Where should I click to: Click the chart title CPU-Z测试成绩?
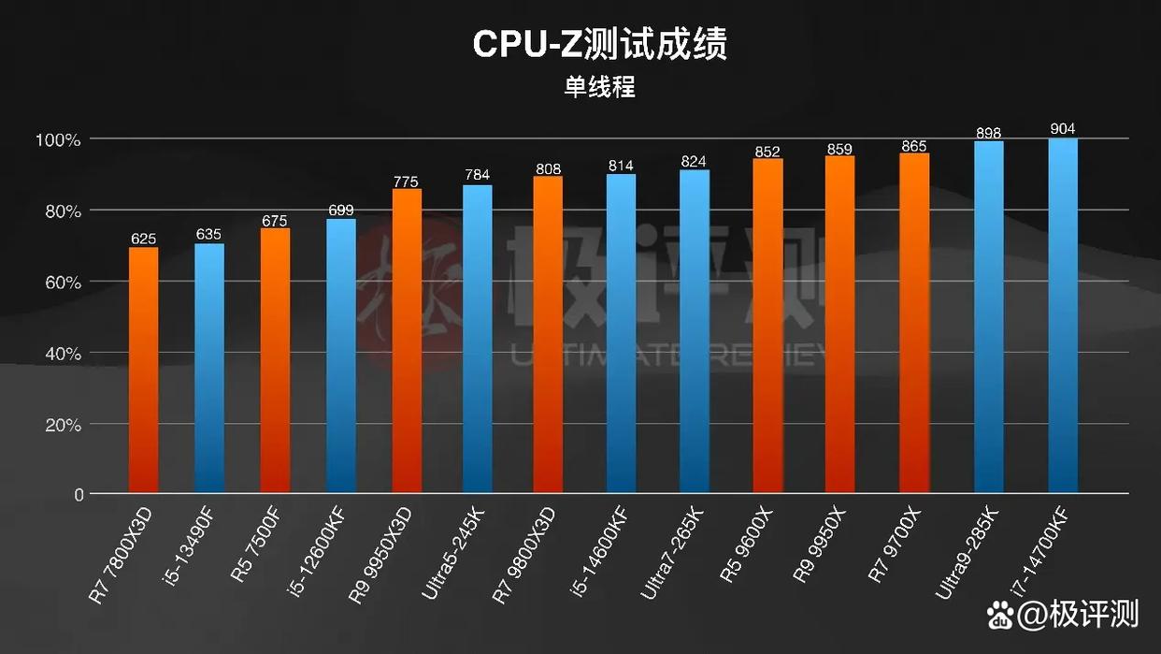coord(599,44)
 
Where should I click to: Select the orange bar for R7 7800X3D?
coord(143,370)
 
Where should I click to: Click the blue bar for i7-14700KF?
coord(1063,315)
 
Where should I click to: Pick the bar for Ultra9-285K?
coord(989,316)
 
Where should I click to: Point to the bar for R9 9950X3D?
coord(407,341)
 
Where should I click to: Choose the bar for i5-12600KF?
coord(341,356)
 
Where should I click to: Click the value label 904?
coord(1063,129)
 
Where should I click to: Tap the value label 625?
coord(143,239)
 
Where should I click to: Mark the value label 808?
coord(548,169)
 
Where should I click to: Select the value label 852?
coord(767,152)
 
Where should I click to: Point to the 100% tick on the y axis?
coord(58,140)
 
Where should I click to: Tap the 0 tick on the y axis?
coord(79,494)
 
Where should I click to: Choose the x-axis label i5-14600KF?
coord(599,552)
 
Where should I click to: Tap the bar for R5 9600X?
coord(767,326)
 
